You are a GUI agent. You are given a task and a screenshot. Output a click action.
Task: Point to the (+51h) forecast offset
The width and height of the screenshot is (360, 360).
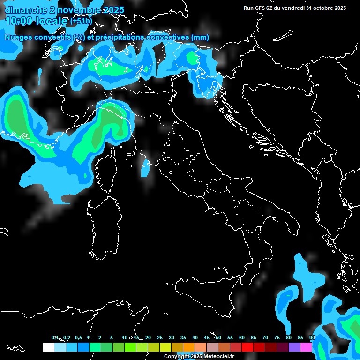81,22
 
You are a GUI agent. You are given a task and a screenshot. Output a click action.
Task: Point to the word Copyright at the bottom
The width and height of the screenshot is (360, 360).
176,357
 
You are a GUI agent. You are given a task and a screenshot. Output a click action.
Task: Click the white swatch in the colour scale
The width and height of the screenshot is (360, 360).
48,347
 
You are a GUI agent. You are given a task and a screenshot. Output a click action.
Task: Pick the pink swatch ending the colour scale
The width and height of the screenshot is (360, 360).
306,347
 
